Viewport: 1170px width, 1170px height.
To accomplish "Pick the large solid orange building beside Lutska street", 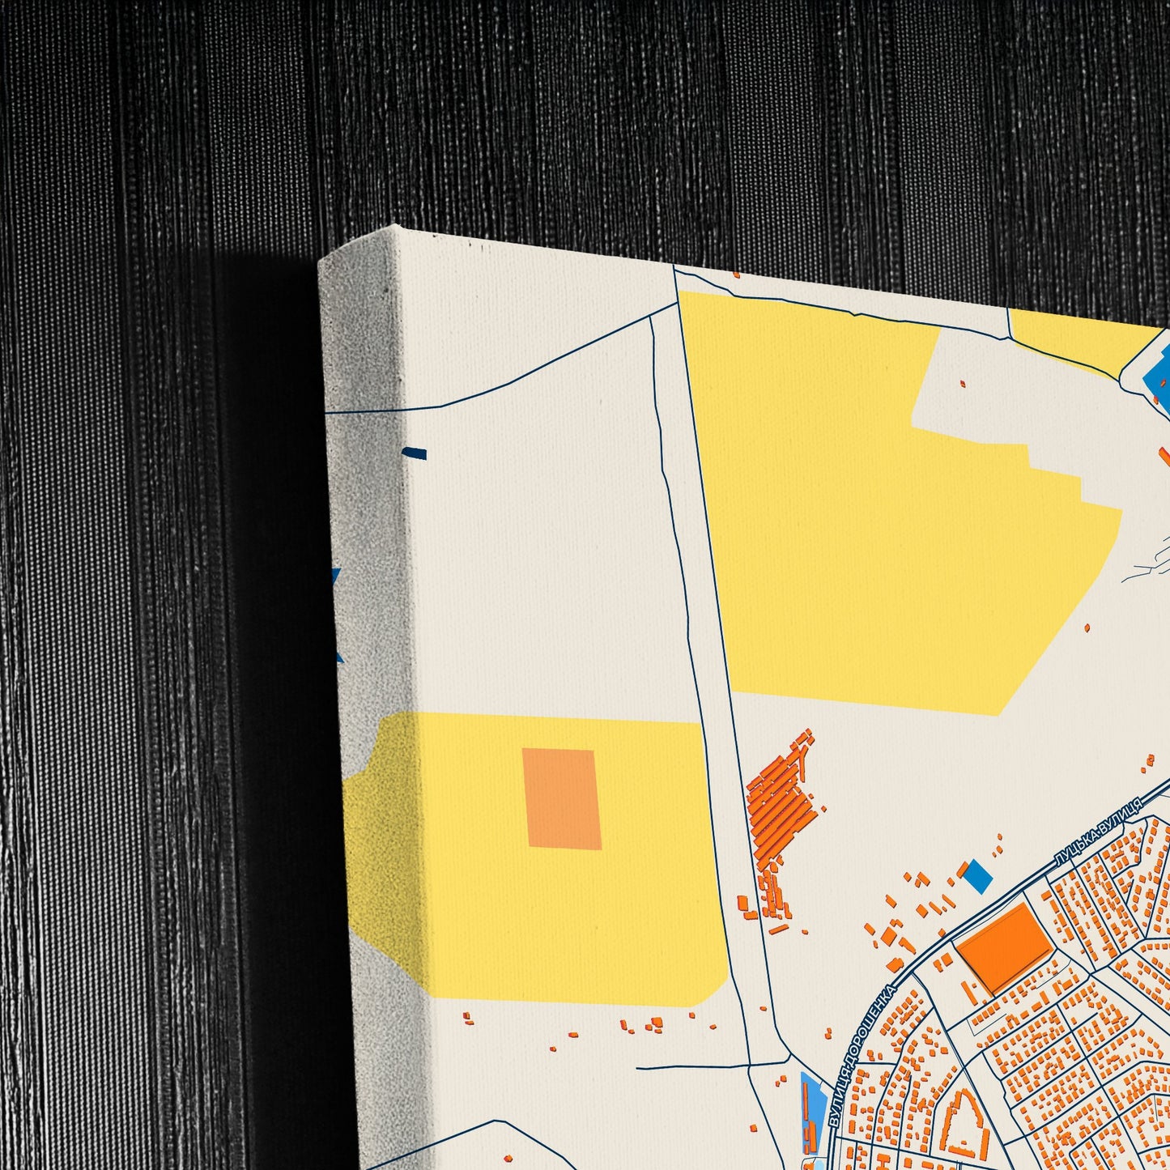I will (1005, 947).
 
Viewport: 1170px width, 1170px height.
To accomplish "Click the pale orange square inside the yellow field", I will (562, 798).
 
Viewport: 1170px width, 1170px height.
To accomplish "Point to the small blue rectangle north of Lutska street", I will (978, 877).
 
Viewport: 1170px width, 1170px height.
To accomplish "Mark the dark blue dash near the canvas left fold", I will (415, 453).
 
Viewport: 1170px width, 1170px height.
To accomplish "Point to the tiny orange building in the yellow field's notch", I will (962, 384).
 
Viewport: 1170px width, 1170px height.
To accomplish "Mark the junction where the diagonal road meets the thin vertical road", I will (653, 317).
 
